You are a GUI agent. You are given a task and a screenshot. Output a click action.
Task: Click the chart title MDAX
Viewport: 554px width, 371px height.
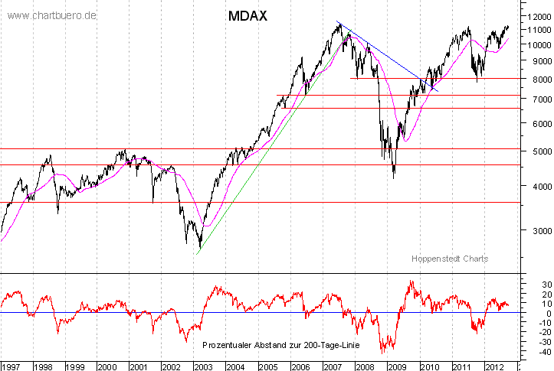click(247, 15)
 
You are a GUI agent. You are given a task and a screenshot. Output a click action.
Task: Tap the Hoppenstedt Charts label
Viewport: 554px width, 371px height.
click(449, 259)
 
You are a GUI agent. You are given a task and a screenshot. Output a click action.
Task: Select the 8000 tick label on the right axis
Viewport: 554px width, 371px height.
click(535, 79)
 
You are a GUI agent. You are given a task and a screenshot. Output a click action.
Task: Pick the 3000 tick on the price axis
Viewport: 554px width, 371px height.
click(535, 230)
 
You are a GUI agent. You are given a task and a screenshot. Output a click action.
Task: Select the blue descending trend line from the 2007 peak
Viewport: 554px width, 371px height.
click(383, 54)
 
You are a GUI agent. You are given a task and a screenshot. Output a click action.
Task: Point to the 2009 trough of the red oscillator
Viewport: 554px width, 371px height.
click(383, 351)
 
